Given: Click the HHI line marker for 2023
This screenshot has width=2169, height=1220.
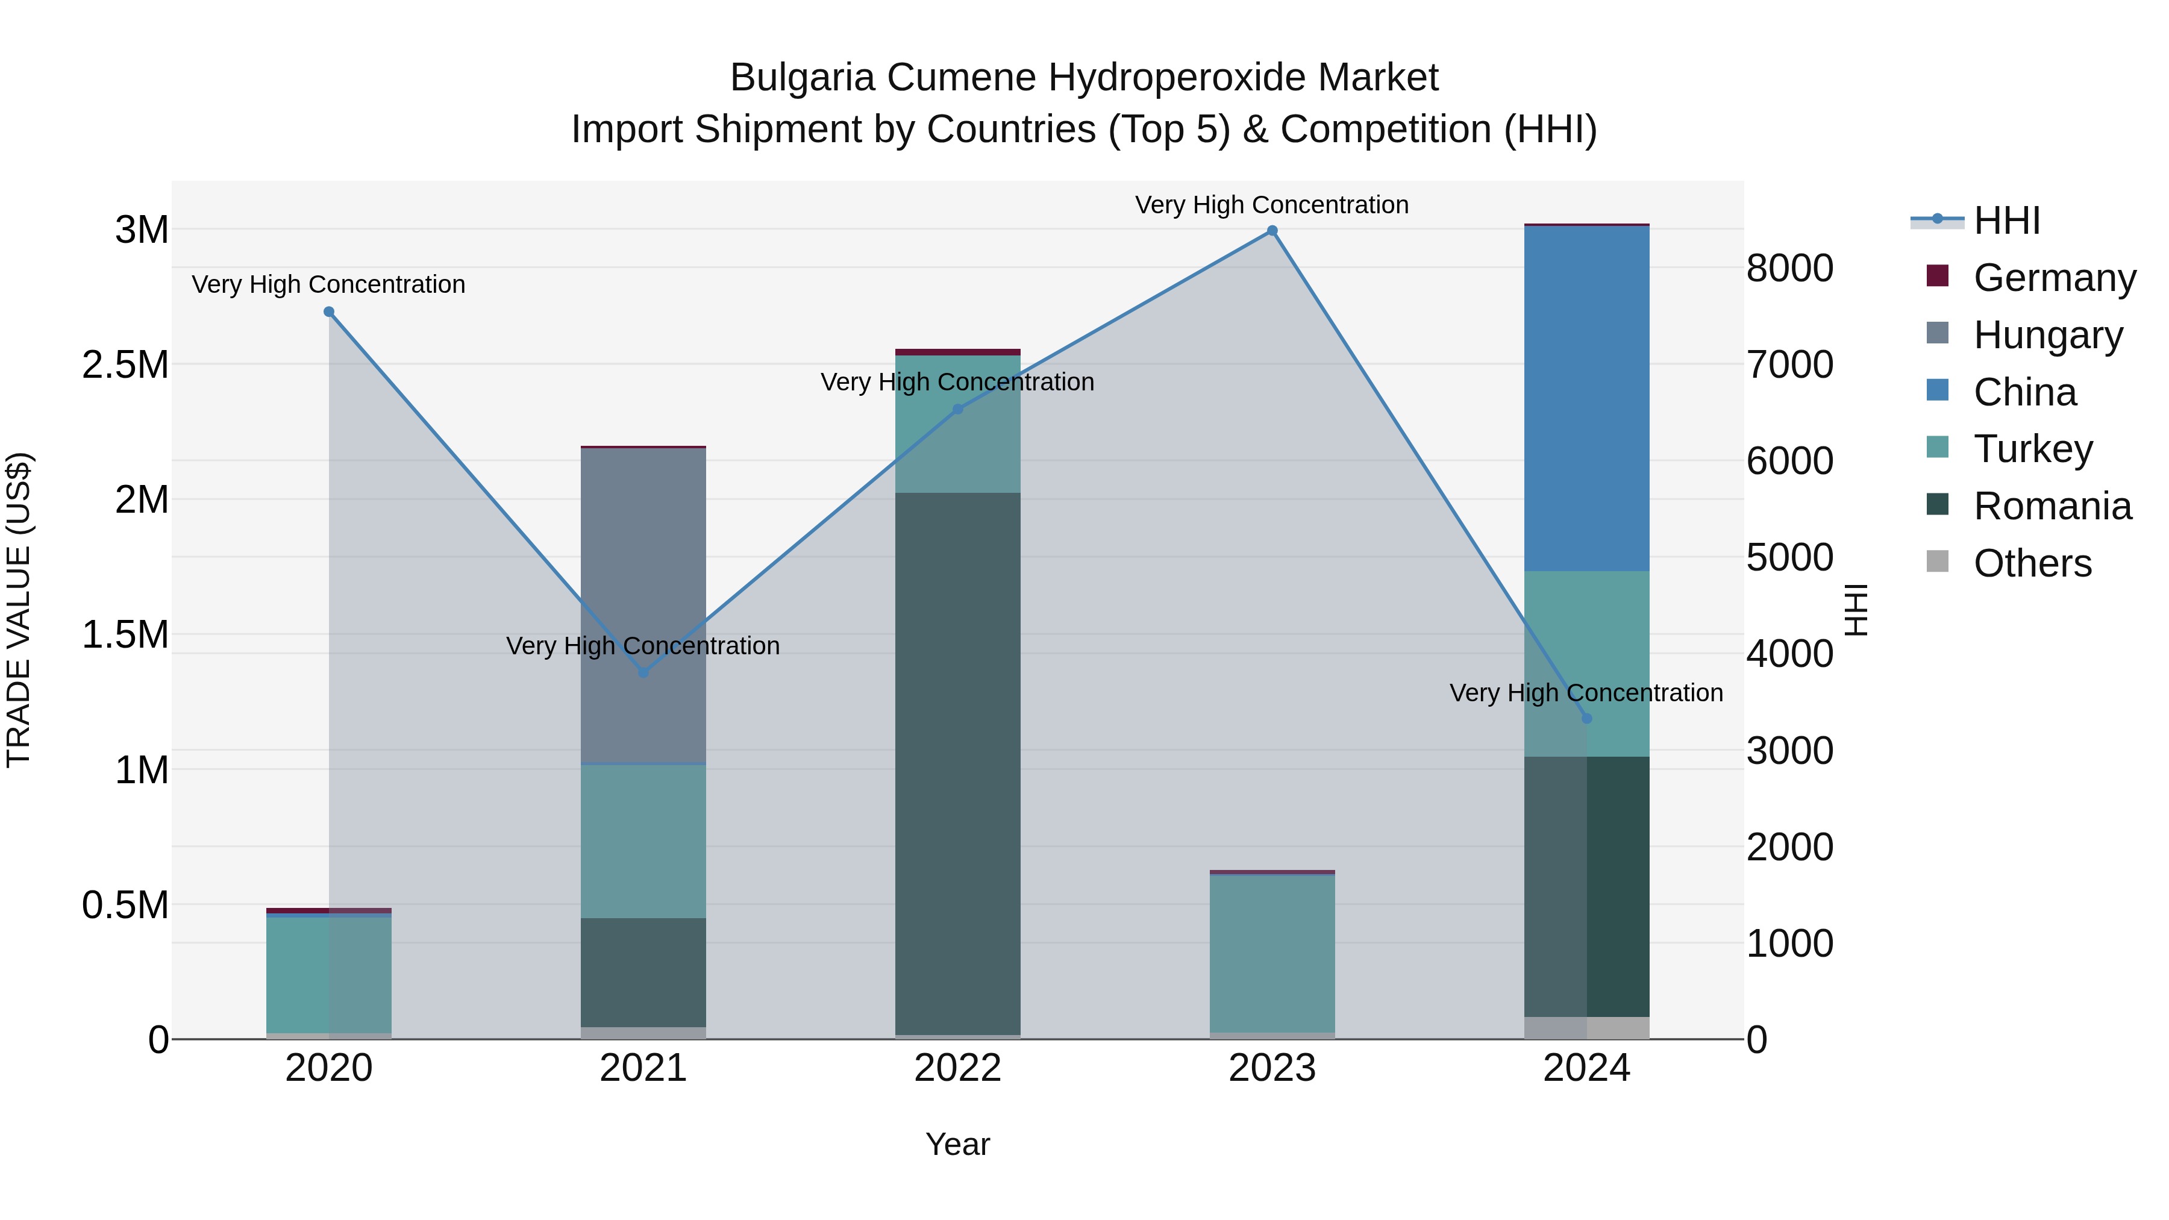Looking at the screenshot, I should (1271, 231).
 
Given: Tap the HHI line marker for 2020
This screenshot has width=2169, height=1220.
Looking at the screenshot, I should (329, 311).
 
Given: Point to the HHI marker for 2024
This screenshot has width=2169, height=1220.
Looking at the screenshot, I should (1586, 718).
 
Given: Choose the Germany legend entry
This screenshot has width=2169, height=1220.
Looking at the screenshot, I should (2054, 278).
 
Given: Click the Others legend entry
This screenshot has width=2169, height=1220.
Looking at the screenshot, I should (2032, 563).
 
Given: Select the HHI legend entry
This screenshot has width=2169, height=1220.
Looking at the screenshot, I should (2006, 221).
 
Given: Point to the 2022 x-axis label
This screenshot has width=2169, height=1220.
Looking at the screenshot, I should (957, 1068).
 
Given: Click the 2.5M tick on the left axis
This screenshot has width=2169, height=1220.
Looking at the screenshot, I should (125, 364).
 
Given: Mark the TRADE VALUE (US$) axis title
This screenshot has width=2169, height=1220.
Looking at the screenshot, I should (19, 610).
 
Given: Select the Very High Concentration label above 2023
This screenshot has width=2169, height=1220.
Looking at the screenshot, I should (1271, 205).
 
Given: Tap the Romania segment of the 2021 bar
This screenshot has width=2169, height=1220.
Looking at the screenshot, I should (643, 972).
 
